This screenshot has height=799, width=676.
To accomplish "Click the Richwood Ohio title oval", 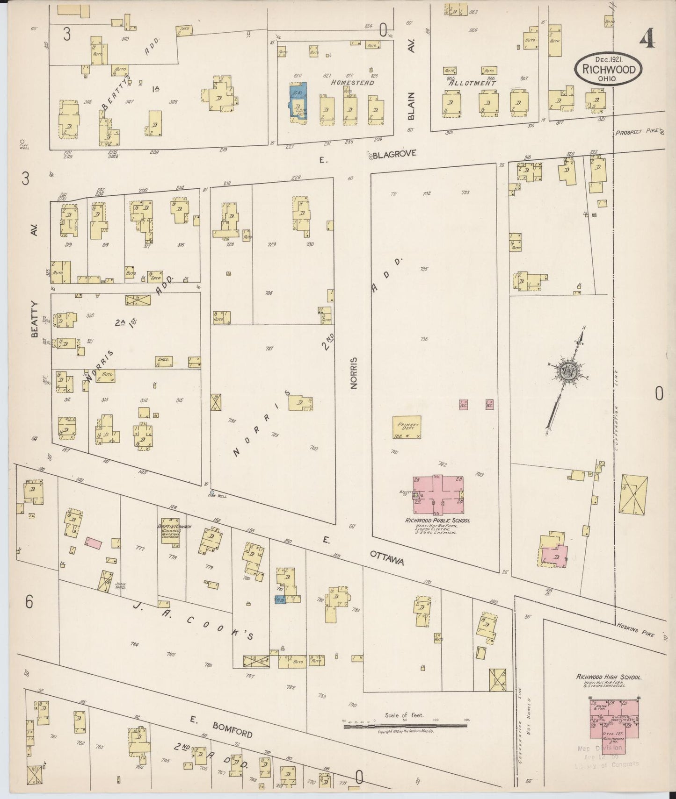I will click(608, 69).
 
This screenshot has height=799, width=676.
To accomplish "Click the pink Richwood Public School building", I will click(438, 494).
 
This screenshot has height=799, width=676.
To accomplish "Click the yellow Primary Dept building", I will click(407, 427).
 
